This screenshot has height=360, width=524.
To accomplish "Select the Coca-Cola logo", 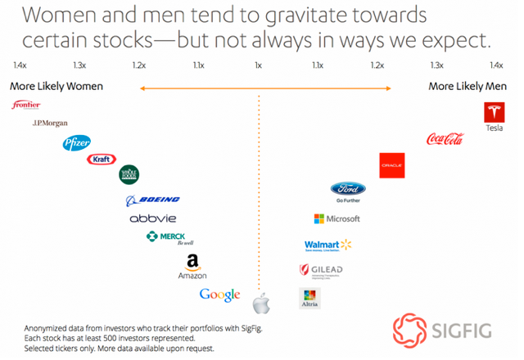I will pos(445,139).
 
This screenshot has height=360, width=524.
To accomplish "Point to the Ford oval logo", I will pos(348,189).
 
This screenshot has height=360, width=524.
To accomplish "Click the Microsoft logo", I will pos(337,218).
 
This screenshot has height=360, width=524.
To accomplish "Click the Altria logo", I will pos(309,298).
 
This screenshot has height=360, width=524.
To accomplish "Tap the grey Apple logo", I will pos(261,304).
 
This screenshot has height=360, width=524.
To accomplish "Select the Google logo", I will pos(219,295).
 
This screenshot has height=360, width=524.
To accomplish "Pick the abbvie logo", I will pos(153,218).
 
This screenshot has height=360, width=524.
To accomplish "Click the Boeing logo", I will pos(152,200).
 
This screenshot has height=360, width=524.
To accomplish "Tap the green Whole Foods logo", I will pos(129,173).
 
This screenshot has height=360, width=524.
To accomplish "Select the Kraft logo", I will pos(102,159).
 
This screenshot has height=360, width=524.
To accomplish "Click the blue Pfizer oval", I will pos(76,144).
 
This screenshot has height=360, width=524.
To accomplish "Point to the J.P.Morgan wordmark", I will pos(49,123).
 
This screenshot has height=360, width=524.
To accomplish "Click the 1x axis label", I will pos(259,65).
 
